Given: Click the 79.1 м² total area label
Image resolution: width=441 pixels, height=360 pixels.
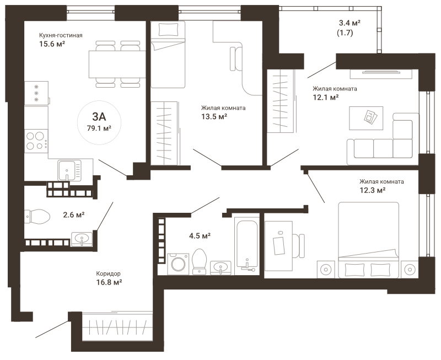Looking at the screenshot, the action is [x=99, y=128].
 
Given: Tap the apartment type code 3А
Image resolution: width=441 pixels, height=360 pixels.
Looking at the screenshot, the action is [x=99, y=116].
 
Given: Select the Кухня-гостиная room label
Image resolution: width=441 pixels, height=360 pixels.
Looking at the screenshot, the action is [x=61, y=35].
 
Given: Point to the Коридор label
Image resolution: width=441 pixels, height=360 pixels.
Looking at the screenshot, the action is [x=108, y=273].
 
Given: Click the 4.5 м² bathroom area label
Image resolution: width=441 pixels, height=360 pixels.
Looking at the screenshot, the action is [x=200, y=235].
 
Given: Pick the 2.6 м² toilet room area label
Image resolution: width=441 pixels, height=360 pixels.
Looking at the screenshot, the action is [x=74, y=215].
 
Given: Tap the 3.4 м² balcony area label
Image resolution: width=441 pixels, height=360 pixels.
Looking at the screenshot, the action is [x=349, y=23].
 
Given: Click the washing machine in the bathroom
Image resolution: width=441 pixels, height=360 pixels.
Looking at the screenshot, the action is [x=178, y=264].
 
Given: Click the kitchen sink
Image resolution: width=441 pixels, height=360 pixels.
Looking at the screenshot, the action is [x=69, y=170].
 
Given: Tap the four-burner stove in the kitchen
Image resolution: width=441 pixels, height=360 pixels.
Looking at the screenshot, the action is [x=36, y=141].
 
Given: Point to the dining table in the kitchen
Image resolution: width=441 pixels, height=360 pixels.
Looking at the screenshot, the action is [x=117, y=64].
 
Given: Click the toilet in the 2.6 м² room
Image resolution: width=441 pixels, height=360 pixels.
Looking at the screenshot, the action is [x=37, y=216].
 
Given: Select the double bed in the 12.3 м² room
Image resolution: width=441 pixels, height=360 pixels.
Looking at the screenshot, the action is [x=368, y=240].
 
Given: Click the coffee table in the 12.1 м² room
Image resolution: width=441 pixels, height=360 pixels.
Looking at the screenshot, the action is [x=366, y=118].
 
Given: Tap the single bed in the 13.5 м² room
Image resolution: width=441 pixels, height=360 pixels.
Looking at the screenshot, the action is [x=168, y=54].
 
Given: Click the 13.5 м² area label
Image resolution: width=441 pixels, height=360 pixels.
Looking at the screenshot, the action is [x=214, y=116].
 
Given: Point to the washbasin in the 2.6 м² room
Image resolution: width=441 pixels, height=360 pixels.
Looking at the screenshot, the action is [x=82, y=239].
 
